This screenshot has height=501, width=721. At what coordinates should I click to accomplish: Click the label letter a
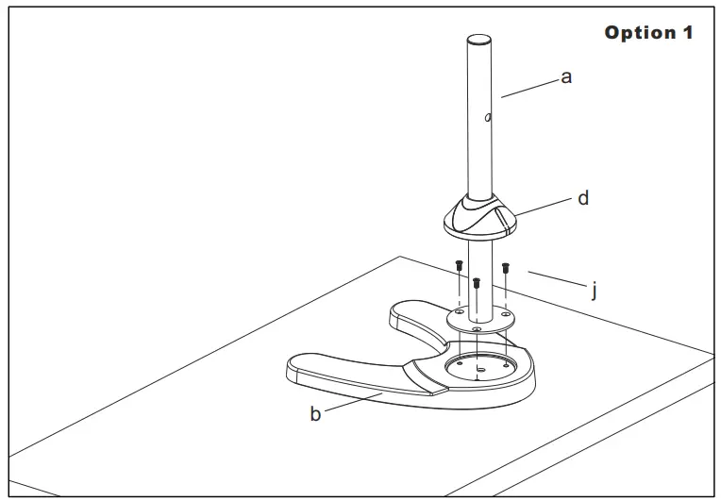tap(566, 77)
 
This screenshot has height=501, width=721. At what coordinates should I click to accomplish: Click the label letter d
tap(583, 199)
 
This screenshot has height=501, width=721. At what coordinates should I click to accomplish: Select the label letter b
tap(315, 414)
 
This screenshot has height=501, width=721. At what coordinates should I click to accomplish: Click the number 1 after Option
tap(686, 33)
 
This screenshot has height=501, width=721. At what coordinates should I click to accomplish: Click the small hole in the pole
tap(488, 118)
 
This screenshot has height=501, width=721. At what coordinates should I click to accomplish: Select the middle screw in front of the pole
tap(477, 282)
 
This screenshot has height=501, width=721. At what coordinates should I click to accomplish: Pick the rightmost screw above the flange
tap(506, 267)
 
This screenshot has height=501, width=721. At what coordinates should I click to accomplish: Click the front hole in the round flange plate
tap(477, 327)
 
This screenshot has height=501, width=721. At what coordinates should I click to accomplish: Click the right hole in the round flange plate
tap(507, 311)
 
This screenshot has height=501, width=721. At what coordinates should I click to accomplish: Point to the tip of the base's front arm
tap(294, 369)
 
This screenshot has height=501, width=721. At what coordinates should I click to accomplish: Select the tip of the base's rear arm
tap(397, 311)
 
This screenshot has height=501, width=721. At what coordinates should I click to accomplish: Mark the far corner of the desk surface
tap(399, 257)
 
